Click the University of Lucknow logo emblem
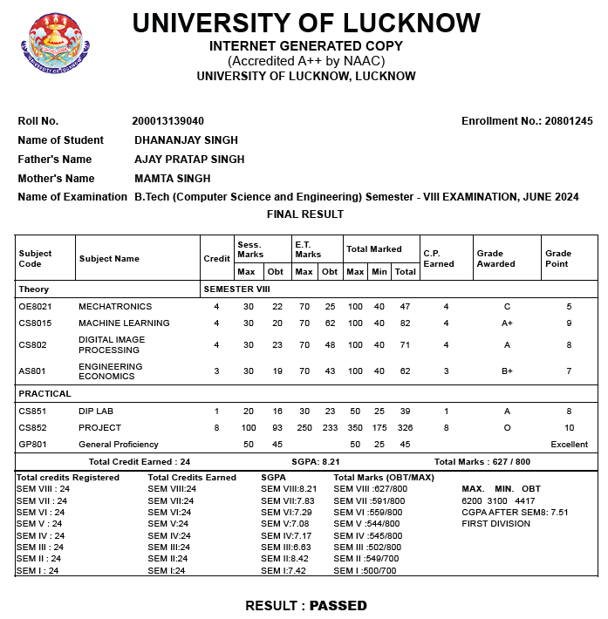coord(60,44)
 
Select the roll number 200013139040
coord(168,121)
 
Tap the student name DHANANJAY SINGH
coord(186,140)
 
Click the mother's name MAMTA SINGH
coord(173,179)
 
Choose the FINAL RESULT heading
coord(305,214)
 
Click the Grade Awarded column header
coord(495,258)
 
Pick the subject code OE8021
coord(36,307)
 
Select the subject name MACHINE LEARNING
coord(124,323)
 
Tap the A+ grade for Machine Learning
coord(507,323)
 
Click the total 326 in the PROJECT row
coord(405,428)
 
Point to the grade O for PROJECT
coord(507,428)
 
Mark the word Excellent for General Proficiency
coord(570,445)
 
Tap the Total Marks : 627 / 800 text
coord(482,462)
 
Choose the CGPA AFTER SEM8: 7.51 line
coord(515,513)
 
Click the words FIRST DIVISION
coord(496,525)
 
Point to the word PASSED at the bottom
coord(338,605)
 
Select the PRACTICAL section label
coord(45,394)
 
